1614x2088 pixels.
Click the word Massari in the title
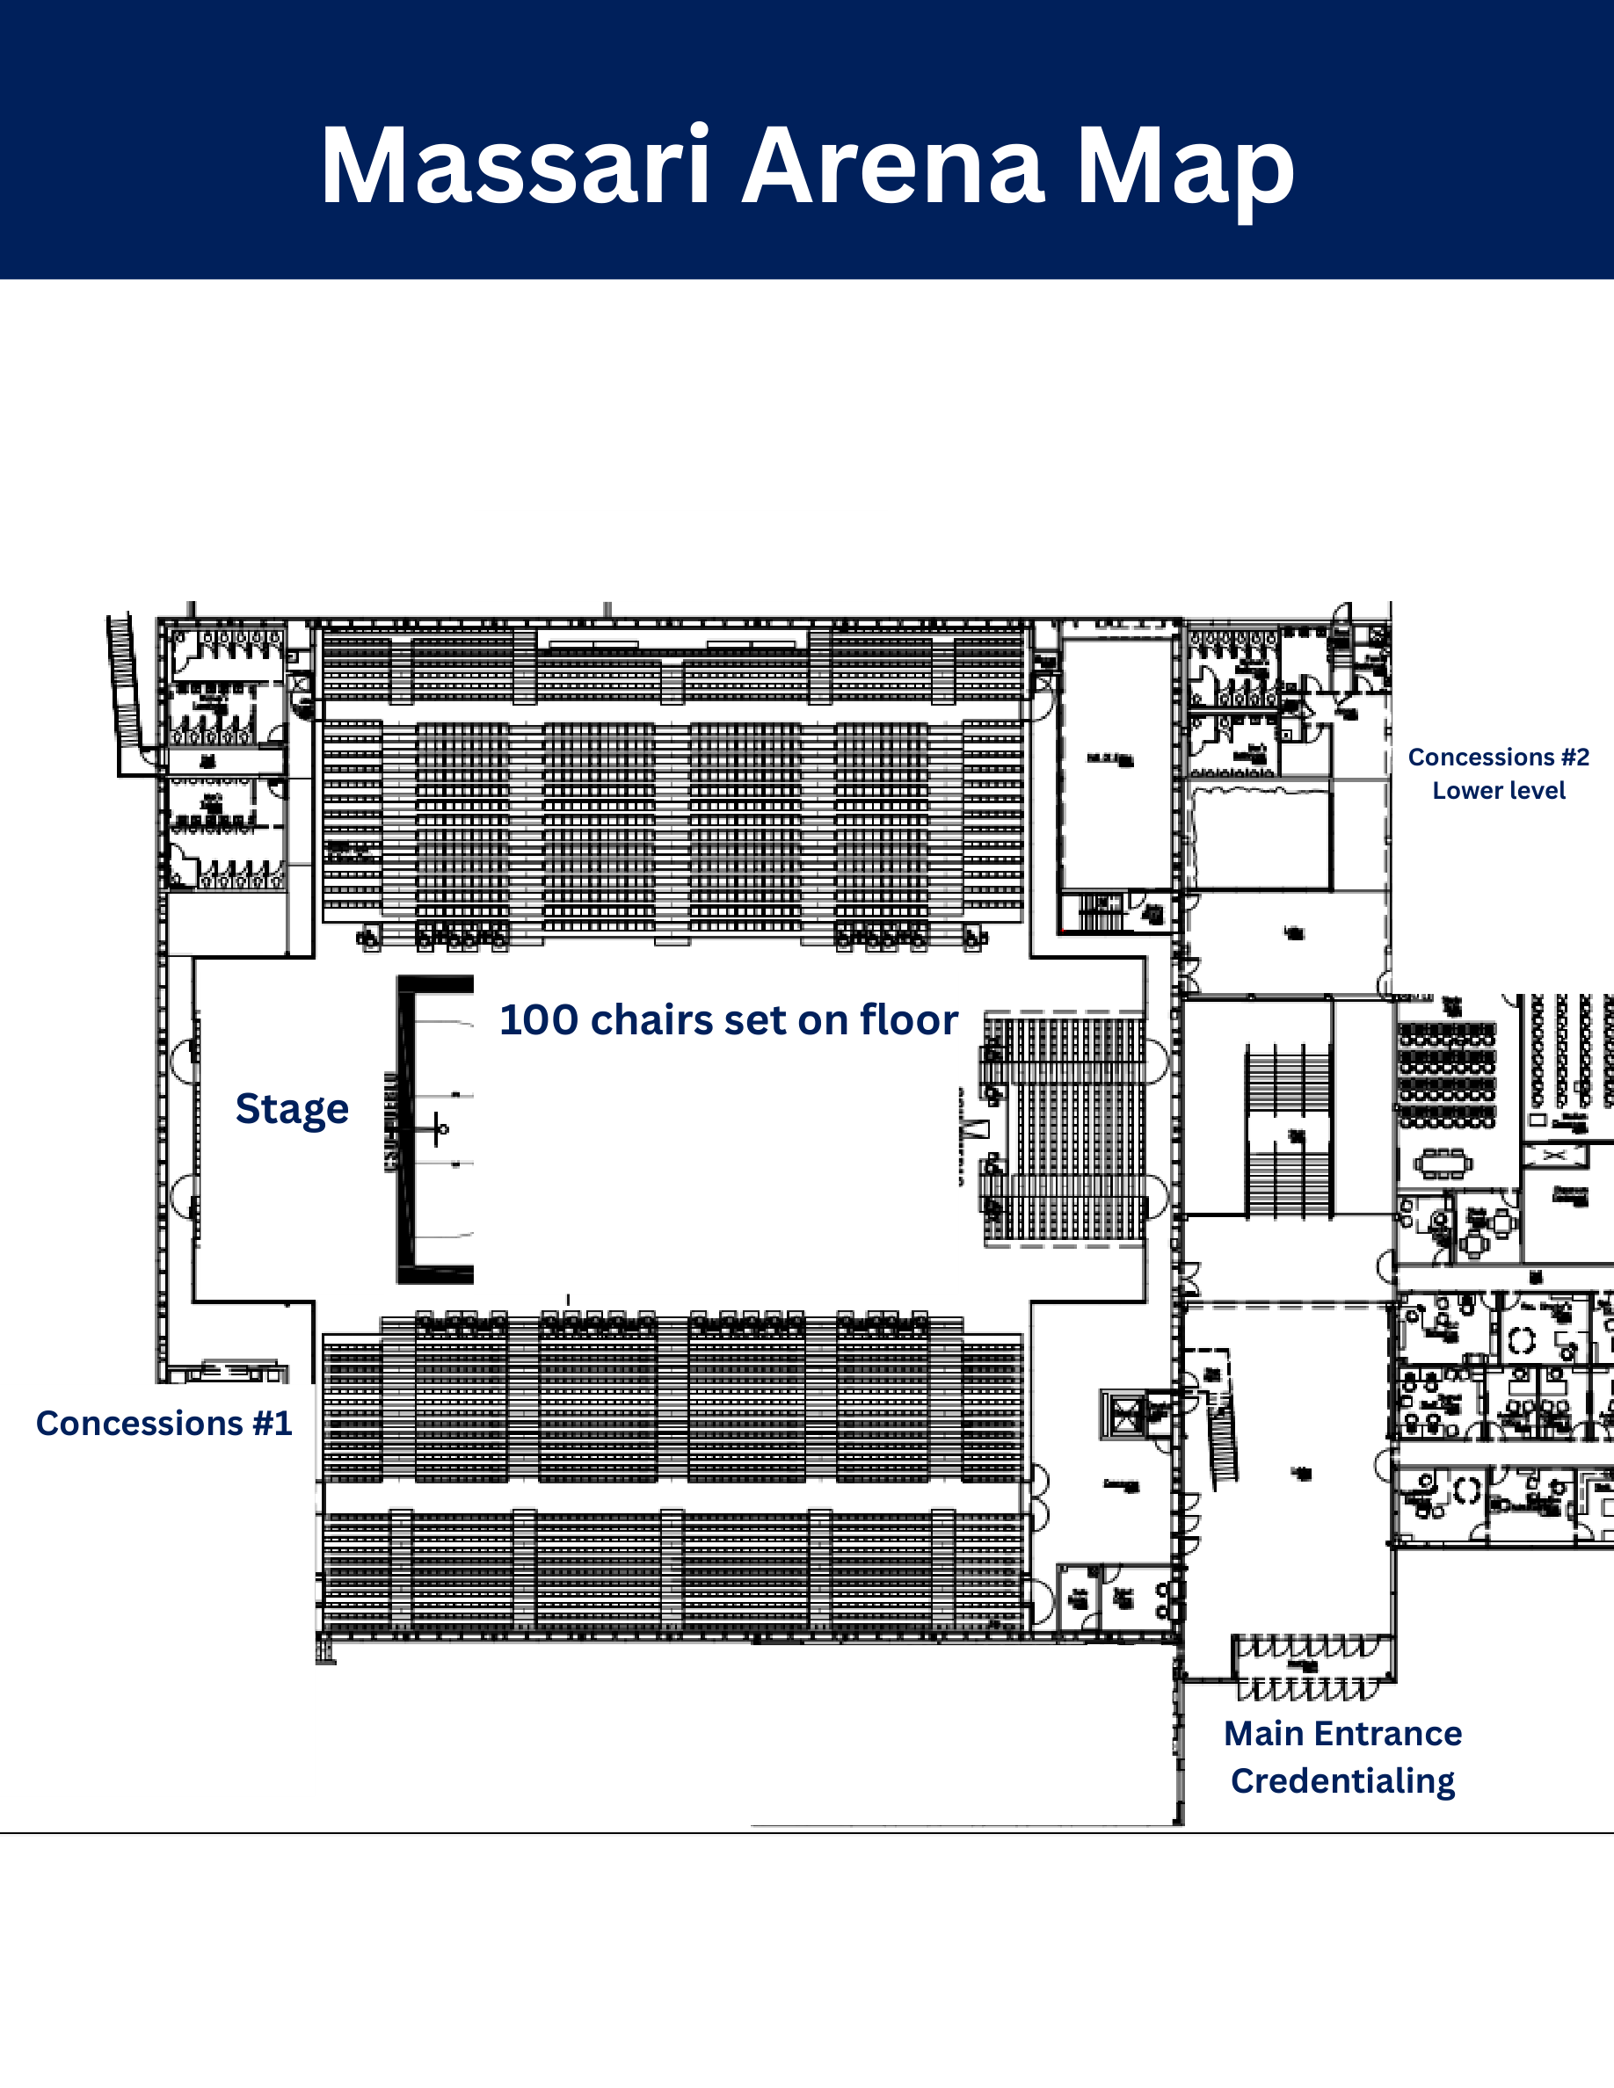[515, 166]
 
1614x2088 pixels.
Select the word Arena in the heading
[893, 166]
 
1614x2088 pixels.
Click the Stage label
[292, 1109]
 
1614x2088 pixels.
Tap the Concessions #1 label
[164, 1423]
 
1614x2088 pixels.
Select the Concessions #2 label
[1498, 758]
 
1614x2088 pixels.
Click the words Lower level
[1498, 791]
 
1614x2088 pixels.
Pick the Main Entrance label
[1342, 1733]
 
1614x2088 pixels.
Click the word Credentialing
[1342, 1781]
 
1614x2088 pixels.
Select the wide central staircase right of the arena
[1287, 1133]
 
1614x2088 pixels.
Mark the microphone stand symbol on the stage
[439, 1129]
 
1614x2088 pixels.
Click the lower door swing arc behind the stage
[183, 1197]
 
